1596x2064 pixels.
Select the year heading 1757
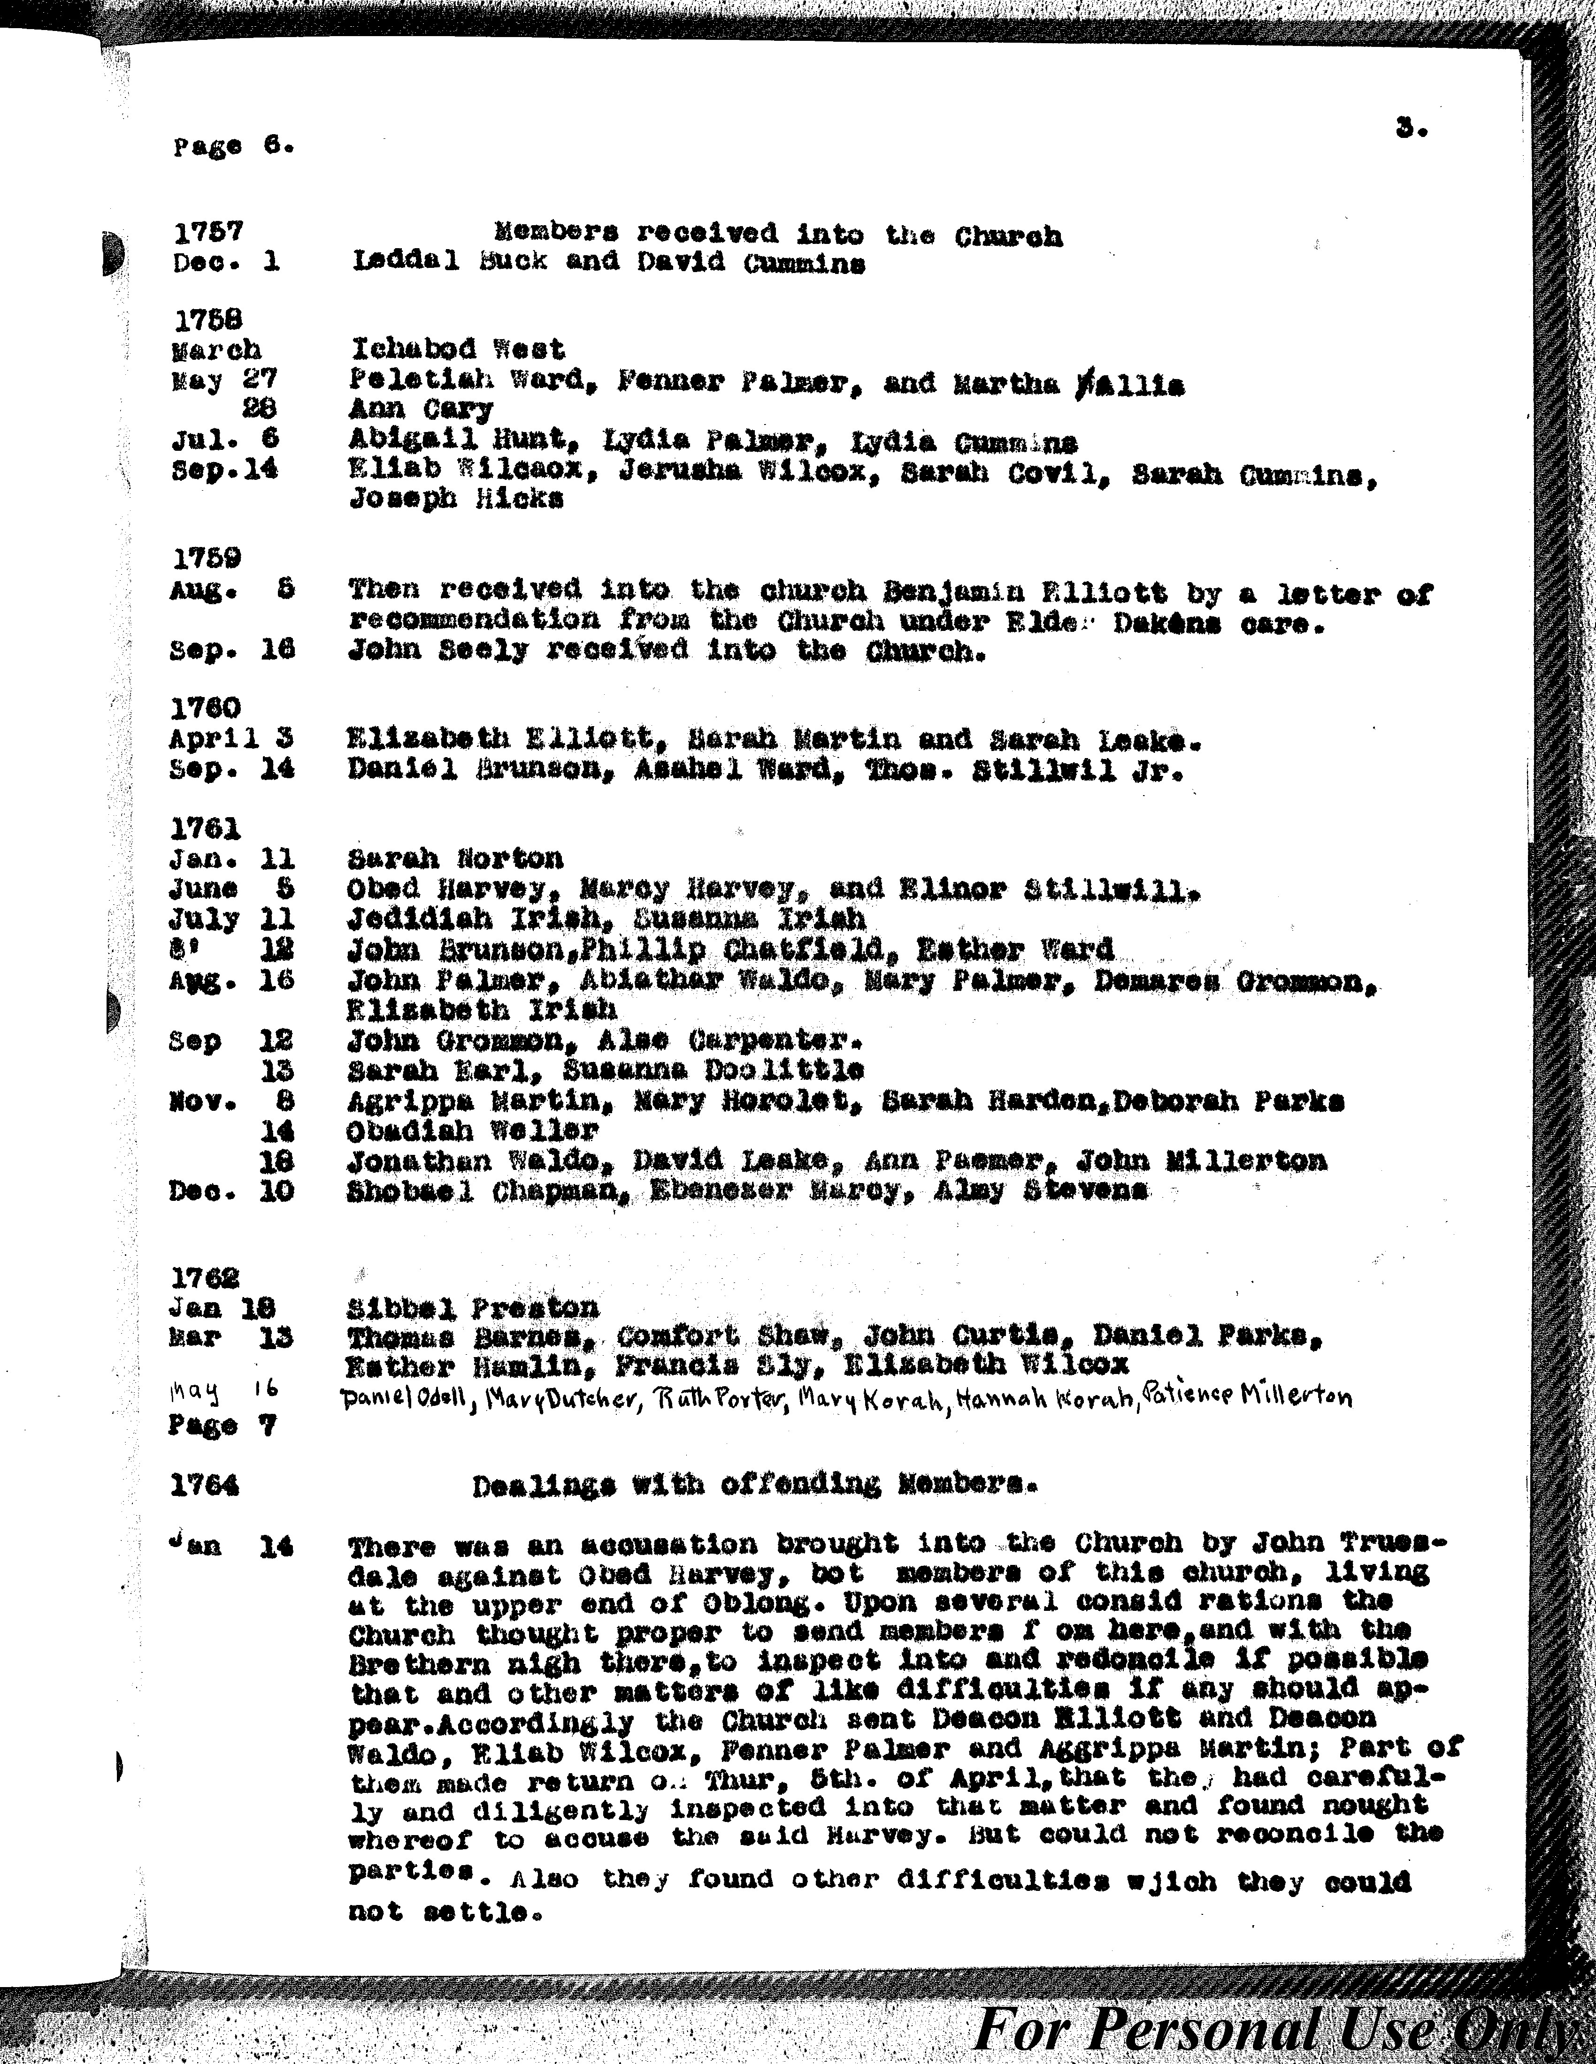(208, 232)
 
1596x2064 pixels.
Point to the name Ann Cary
(421, 409)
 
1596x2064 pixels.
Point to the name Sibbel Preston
(473, 1309)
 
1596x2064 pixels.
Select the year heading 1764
(204, 1487)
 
